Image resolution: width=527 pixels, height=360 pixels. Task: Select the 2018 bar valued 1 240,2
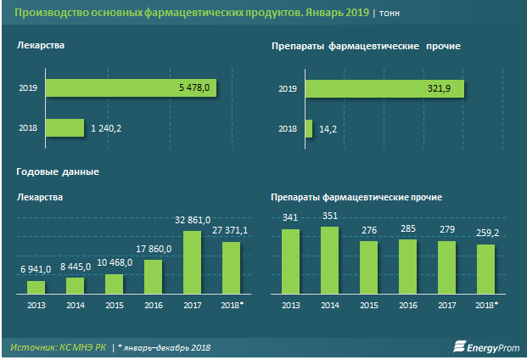click(64, 127)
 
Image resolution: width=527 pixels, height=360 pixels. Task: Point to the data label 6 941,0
click(35, 269)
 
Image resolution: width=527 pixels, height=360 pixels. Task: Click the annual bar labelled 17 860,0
click(153, 276)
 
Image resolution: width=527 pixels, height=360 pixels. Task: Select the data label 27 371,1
click(229, 231)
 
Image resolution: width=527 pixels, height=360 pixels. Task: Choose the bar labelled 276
click(368, 267)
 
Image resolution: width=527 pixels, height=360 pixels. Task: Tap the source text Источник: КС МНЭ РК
click(59, 347)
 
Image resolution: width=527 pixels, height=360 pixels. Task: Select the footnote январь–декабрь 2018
click(166, 347)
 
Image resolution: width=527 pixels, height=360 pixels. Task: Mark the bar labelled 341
click(290, 262)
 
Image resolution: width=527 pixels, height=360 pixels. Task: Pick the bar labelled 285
click(407, 267)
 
